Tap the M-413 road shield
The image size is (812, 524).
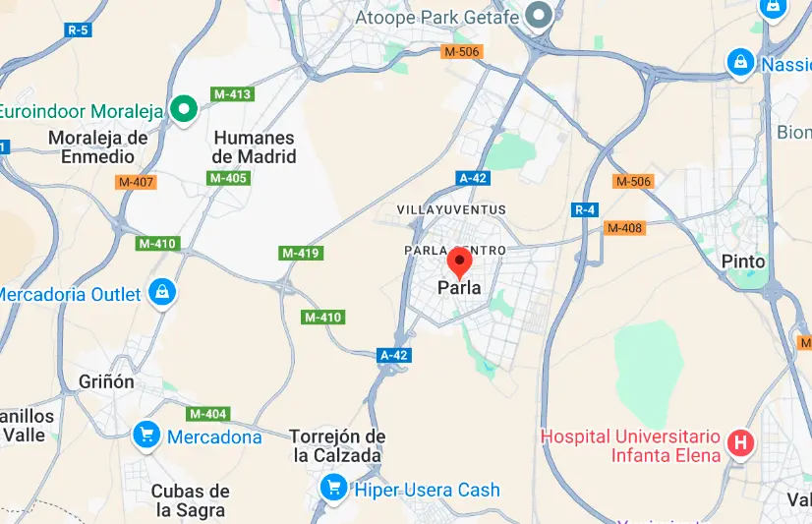pos(234,94)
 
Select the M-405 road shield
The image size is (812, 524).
pos(228,178)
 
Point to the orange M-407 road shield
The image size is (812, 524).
pos(136,182)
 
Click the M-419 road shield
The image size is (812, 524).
pos(301,253)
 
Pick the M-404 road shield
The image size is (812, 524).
pos(208,414)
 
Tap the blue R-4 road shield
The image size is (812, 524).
pos(586,209)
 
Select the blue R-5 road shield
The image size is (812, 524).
pos(78,30)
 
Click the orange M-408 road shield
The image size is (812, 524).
pos(624,228)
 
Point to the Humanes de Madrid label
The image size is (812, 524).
pos(254,147)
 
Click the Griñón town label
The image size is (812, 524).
pos(106,381)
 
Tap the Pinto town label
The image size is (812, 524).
pos(742,262)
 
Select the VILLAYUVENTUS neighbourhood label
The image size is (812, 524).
pos(451,209)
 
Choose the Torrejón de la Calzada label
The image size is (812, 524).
pos(337,445)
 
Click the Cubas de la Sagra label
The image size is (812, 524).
pos(190,500)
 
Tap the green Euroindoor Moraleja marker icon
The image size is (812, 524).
pos(182,109)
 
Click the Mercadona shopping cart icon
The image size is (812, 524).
pos(146,433)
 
